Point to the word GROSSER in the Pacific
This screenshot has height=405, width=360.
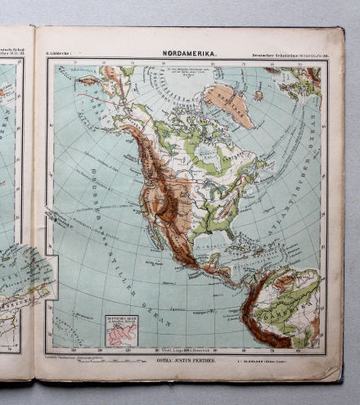pos(83,196)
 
